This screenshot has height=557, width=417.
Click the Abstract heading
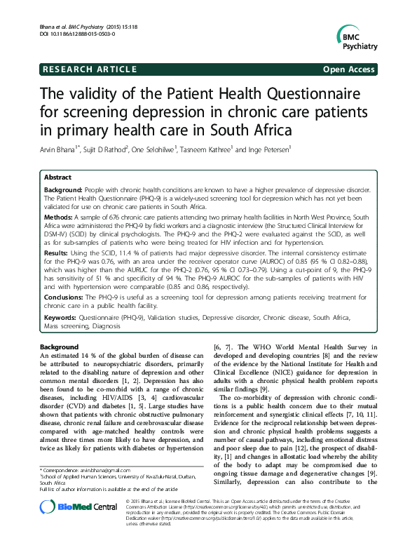tap(58, 178)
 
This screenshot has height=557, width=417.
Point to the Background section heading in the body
tap(59, 347)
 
